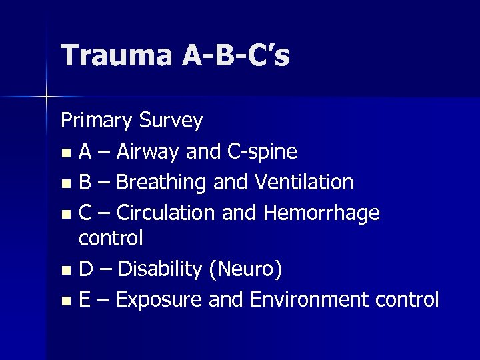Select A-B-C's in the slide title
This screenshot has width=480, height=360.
[235, 56]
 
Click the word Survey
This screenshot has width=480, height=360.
[171, 121]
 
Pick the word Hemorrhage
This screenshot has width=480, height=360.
[322, 213]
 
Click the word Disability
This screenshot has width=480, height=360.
[159, 270]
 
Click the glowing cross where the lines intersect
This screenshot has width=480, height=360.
[46, 97]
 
